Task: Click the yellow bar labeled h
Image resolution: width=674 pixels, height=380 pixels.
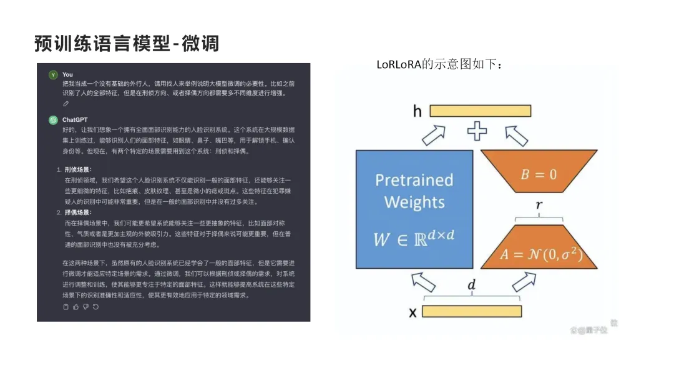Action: point(480,111)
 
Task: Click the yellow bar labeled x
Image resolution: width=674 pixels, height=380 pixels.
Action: point(472,311)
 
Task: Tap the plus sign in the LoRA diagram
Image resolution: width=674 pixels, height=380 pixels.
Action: point(477,132)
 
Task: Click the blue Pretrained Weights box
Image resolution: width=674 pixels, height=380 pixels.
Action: point(414,209)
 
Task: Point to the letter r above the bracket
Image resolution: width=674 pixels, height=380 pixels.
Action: point(539,204)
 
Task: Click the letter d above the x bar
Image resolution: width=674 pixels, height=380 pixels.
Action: point(471,285)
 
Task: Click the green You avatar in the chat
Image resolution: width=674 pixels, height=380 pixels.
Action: point(53,75)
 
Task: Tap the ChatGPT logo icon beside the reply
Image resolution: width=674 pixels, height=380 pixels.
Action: point(53,119)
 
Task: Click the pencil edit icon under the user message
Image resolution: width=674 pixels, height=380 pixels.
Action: point(66,103)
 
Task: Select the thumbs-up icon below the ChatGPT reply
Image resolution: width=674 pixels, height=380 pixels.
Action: point(76,307)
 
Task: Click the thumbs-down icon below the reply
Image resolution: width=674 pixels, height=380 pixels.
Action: point(86,307)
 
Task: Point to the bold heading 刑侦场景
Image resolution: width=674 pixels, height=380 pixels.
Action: point(78,169)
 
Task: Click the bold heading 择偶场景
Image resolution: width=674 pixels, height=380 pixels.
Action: point(78,212)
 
